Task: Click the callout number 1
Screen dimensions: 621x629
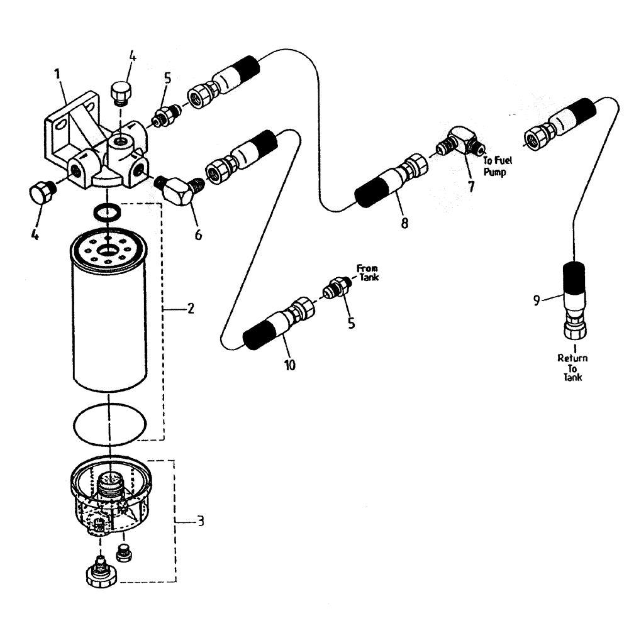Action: point(57,74)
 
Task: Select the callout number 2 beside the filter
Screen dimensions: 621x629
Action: point(191,309)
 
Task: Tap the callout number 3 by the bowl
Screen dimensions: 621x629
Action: point(199,521)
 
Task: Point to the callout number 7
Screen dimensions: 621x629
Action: point(470,187)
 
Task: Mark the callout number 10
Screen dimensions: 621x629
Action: point(289,365)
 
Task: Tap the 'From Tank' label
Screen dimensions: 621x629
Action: point(368,272)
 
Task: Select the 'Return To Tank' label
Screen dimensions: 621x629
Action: point(572,368)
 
